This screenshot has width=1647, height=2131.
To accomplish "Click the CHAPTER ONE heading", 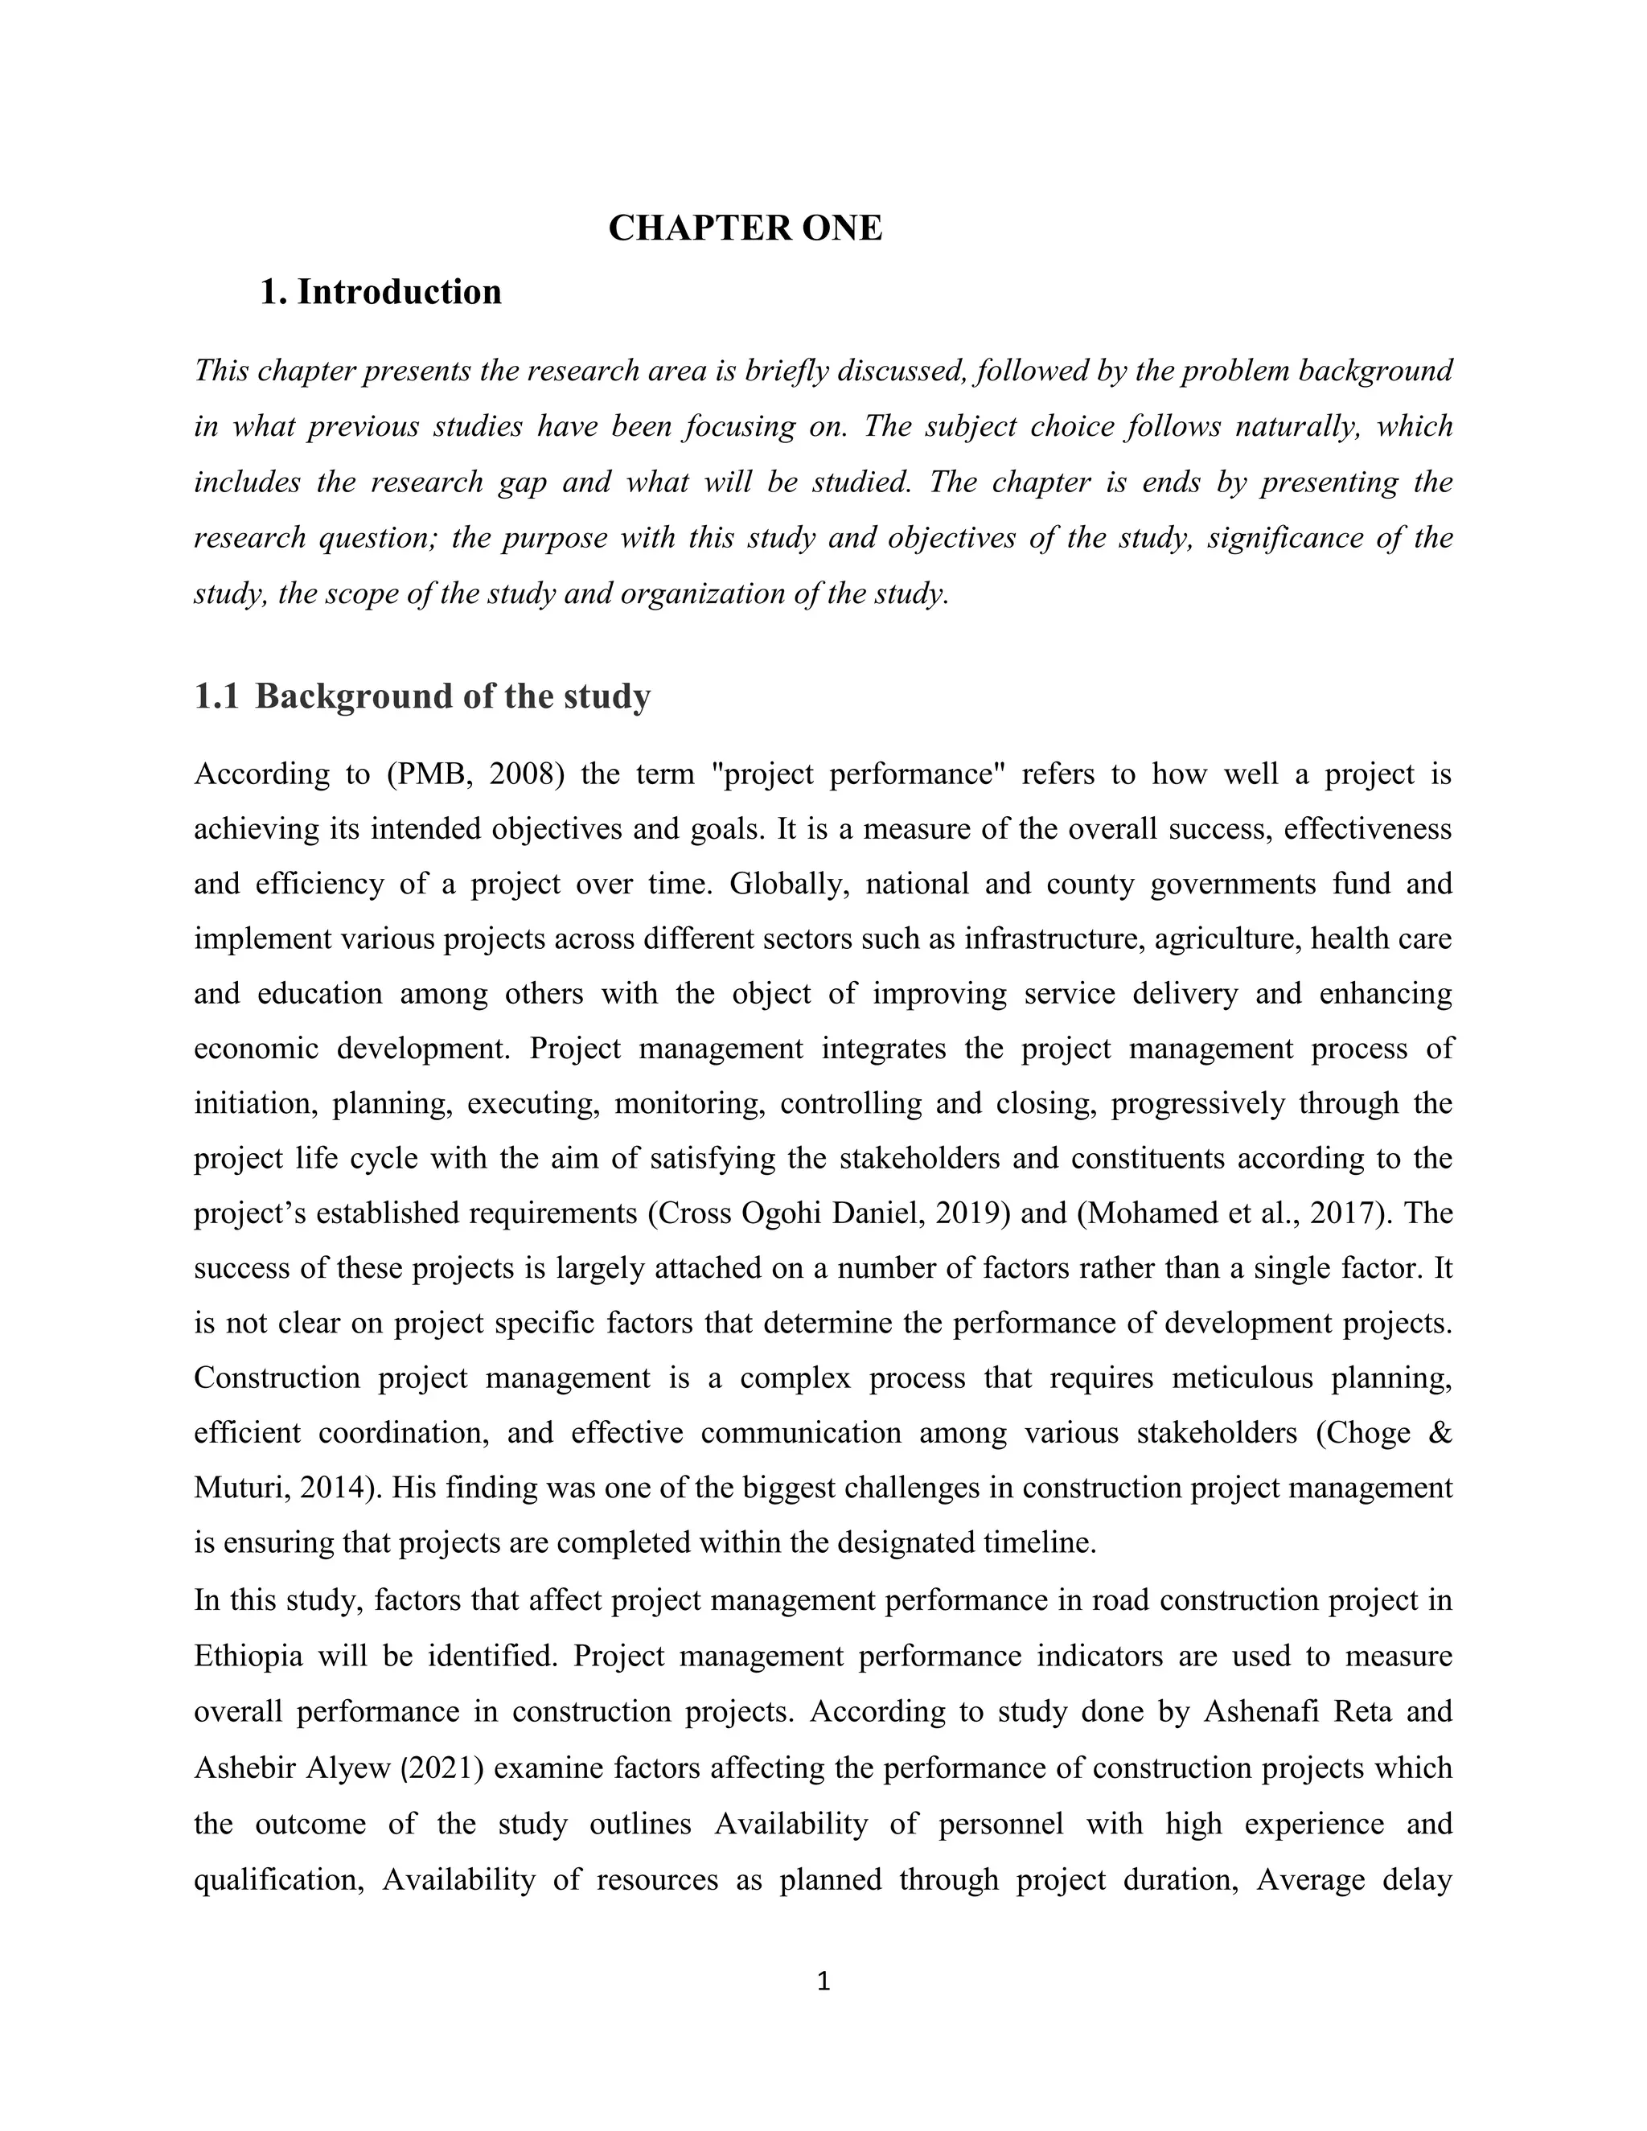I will pyautogui.click(x=745, y=228).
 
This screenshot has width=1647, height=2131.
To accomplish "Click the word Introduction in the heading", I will pyautogui.click(x=399, y=292).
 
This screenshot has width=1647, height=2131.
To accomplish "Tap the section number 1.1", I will pyautogui.click(x=216, y=696).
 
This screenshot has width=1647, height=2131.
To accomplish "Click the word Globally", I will pyautogui.click(x=787, y=884).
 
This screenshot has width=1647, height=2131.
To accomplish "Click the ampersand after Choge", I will pyautogui.click(x=1440, y=1433).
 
